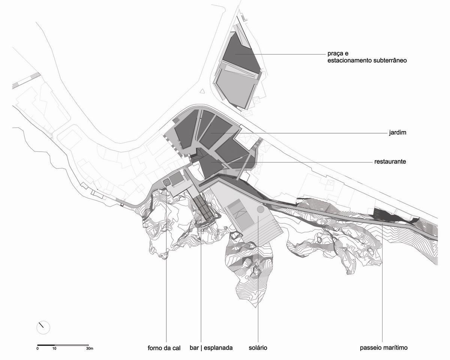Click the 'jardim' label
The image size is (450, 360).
click(397, 133)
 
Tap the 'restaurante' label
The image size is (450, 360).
click(390, 161)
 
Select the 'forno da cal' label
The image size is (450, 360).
click(164, 348)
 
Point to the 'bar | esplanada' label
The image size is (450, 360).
click(211, 348)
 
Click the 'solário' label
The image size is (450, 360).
click(258, 348)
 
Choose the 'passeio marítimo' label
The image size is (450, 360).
click(384, 348)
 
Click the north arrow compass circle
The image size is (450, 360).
click(43, 327)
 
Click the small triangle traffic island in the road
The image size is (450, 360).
click(202, 92)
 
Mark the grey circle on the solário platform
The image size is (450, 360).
click(260, 209)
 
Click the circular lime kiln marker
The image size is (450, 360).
click(166, 182)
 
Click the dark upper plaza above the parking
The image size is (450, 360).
click(240, 52)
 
